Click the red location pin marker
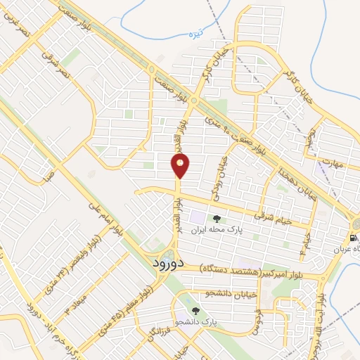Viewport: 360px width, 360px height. click(x=181, y=166)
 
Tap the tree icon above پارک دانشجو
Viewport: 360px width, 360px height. click(x=195, y=309)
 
